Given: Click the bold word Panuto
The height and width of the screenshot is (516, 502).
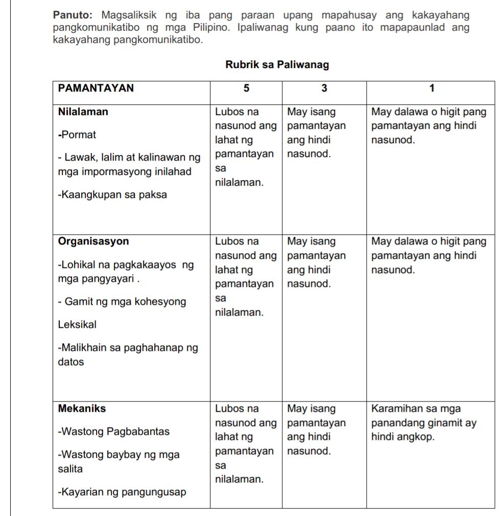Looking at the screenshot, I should tap(70, 15).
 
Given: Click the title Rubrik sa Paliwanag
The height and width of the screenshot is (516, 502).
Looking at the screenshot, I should tap(277, 65).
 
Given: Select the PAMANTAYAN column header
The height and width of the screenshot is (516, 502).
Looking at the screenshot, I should tap(96, 88).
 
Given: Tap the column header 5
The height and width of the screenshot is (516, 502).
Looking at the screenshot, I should tap(246, 88).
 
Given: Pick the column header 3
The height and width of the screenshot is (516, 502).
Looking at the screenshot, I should tap(324, 88).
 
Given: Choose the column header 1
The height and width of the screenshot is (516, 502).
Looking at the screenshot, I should tap(432, 88).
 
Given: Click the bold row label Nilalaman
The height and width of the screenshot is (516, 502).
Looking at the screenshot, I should tap(83, 111).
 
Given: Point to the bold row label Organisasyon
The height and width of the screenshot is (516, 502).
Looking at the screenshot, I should tap(93, 241).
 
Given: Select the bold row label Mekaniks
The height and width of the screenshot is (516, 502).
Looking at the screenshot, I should tap(82, 409).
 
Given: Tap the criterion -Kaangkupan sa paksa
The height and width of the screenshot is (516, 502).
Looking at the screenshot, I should tap(112, 195).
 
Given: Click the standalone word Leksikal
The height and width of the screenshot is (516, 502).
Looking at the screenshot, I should tap(77, 325).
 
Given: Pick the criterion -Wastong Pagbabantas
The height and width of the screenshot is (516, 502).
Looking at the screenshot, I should tap(114, 432).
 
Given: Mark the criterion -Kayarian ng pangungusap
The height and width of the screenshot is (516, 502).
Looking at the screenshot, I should tap(122, 492).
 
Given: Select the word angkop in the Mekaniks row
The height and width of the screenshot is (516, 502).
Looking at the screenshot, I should tap(416, 437).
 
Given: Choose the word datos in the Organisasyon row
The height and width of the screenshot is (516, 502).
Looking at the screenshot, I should tap(71, 362).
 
